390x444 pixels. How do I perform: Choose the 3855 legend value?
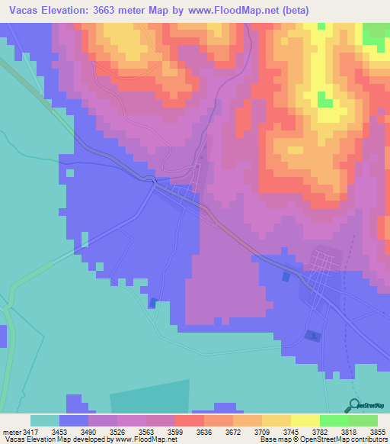tap(379, 432)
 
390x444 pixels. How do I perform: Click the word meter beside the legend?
tap(11, 432)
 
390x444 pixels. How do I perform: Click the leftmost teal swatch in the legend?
tap(45, 420)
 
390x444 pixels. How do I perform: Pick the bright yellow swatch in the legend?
tap(305, 420)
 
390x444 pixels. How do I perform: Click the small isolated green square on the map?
tap(325, 100)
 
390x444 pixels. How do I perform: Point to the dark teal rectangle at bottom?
tap(150, 397)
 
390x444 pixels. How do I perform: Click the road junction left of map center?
tap(155, 182)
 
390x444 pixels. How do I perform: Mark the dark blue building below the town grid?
tap(312, 335)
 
